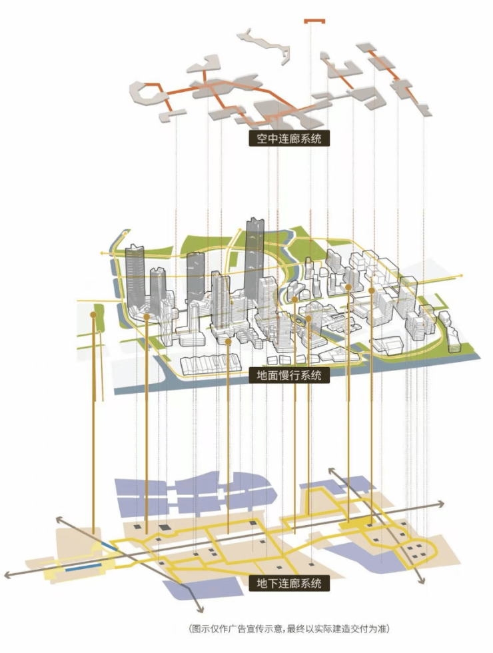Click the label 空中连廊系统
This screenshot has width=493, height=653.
tap(289, 139)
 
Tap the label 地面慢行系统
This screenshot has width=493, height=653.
tap(289, 375)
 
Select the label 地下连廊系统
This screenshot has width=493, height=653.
tap(289, 583)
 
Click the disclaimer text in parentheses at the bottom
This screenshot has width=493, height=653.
tap(289, 628)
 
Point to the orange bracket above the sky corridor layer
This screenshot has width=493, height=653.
tap(314, 22)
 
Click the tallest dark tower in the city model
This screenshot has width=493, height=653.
tap(254, 260)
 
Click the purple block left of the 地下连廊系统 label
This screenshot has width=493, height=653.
tap(218, 588)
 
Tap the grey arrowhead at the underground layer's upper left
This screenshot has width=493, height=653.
tap(58, 518)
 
